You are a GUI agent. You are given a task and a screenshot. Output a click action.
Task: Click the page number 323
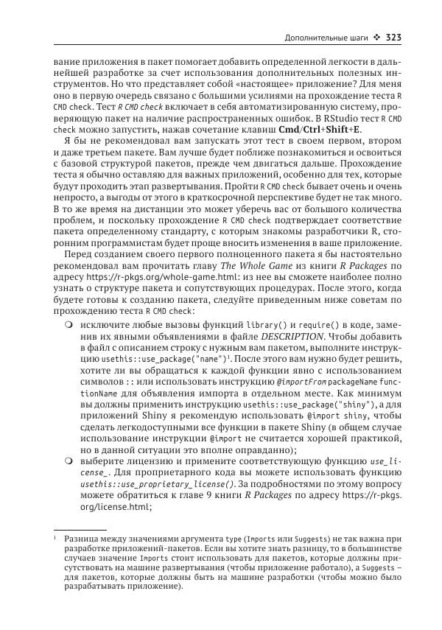(390, 38)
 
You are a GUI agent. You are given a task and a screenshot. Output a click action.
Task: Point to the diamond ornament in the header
(375, 38)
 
